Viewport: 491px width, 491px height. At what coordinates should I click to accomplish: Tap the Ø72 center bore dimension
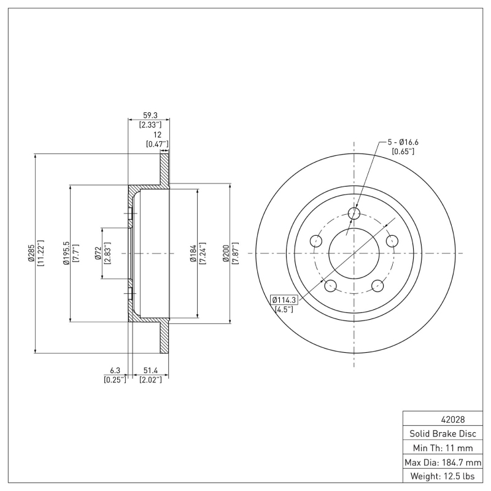98,253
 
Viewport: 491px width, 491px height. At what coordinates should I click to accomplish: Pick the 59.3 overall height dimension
149,115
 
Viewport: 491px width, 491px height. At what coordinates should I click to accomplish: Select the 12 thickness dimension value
157,134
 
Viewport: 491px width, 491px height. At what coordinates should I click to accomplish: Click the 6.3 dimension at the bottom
115,371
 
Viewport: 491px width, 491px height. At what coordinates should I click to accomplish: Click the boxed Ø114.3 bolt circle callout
284,300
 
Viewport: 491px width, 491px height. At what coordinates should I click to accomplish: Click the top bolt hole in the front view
354,213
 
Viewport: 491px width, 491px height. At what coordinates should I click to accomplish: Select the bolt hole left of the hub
316,241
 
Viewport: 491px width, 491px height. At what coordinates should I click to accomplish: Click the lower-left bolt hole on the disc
331,285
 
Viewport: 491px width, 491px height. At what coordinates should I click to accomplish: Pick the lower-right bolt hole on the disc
377,285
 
